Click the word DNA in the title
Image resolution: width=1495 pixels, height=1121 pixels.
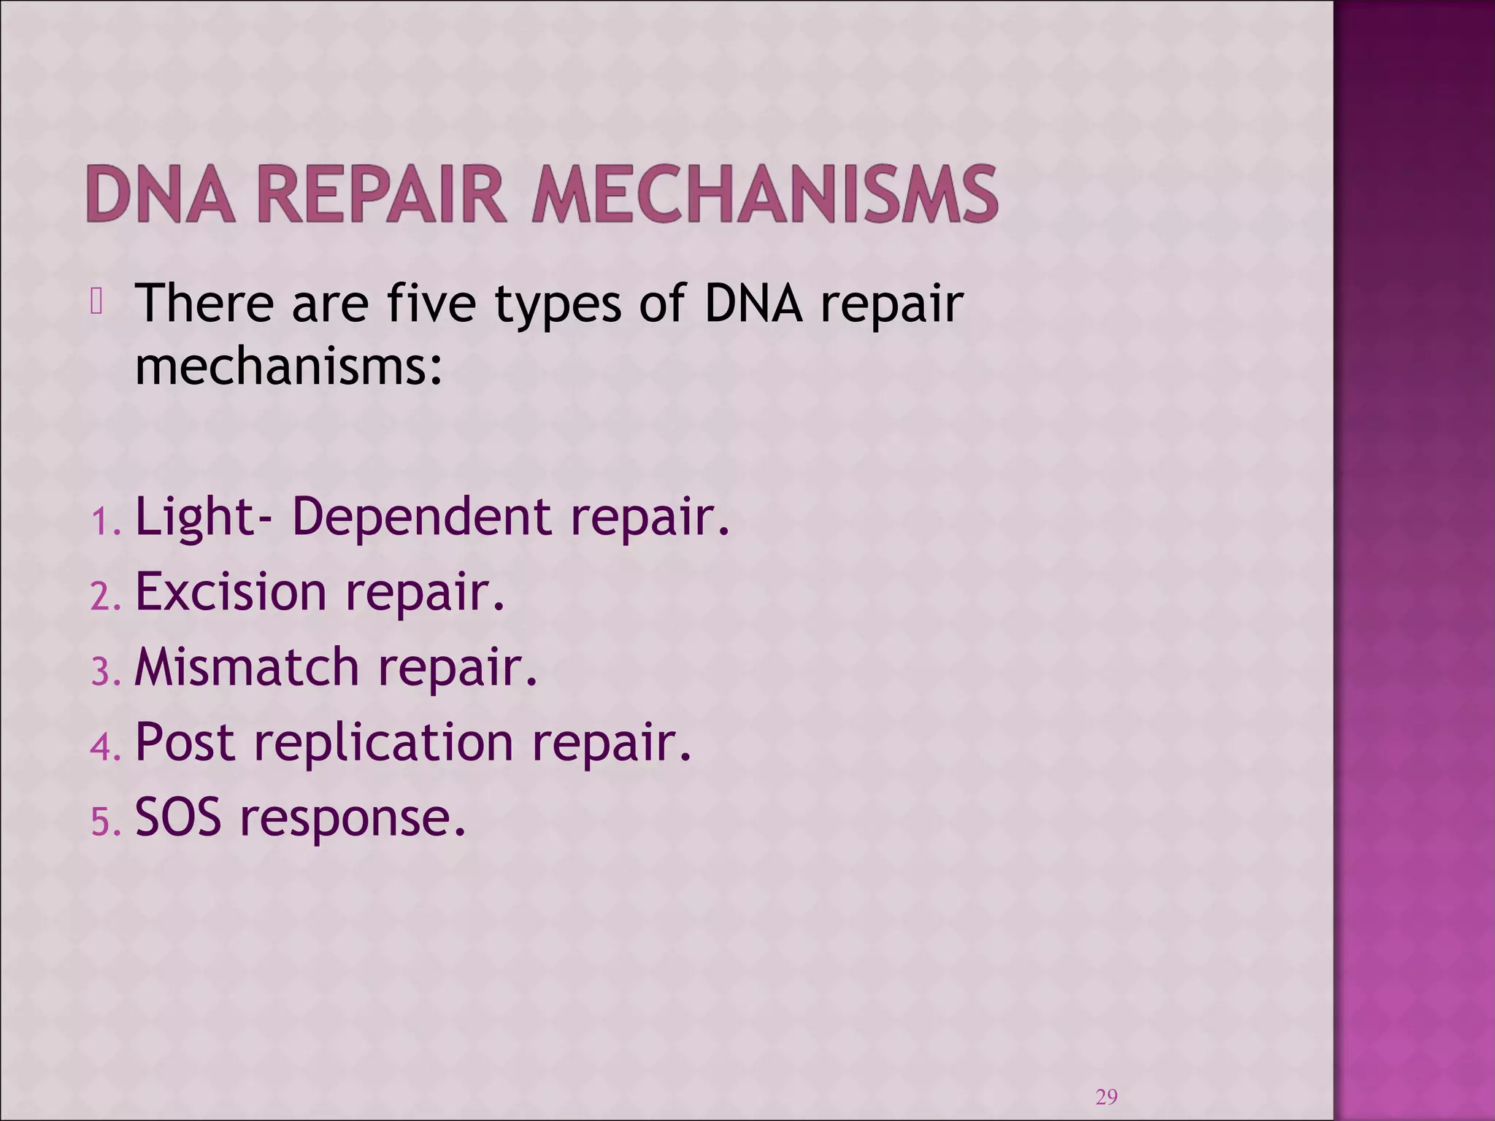161,194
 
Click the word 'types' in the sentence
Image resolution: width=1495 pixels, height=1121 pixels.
558,305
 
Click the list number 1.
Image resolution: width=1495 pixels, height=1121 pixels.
103,523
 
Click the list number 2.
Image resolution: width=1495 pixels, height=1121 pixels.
103,598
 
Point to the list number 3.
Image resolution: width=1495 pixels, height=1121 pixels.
103,673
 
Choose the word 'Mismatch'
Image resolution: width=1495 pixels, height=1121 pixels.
247,667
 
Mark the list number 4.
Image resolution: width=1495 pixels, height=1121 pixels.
103,748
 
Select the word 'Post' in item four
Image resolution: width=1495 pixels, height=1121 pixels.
185,742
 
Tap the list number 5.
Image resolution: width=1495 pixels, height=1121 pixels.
103,823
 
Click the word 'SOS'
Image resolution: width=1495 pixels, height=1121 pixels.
178,817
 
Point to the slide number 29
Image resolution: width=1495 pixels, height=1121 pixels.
1107,1097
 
